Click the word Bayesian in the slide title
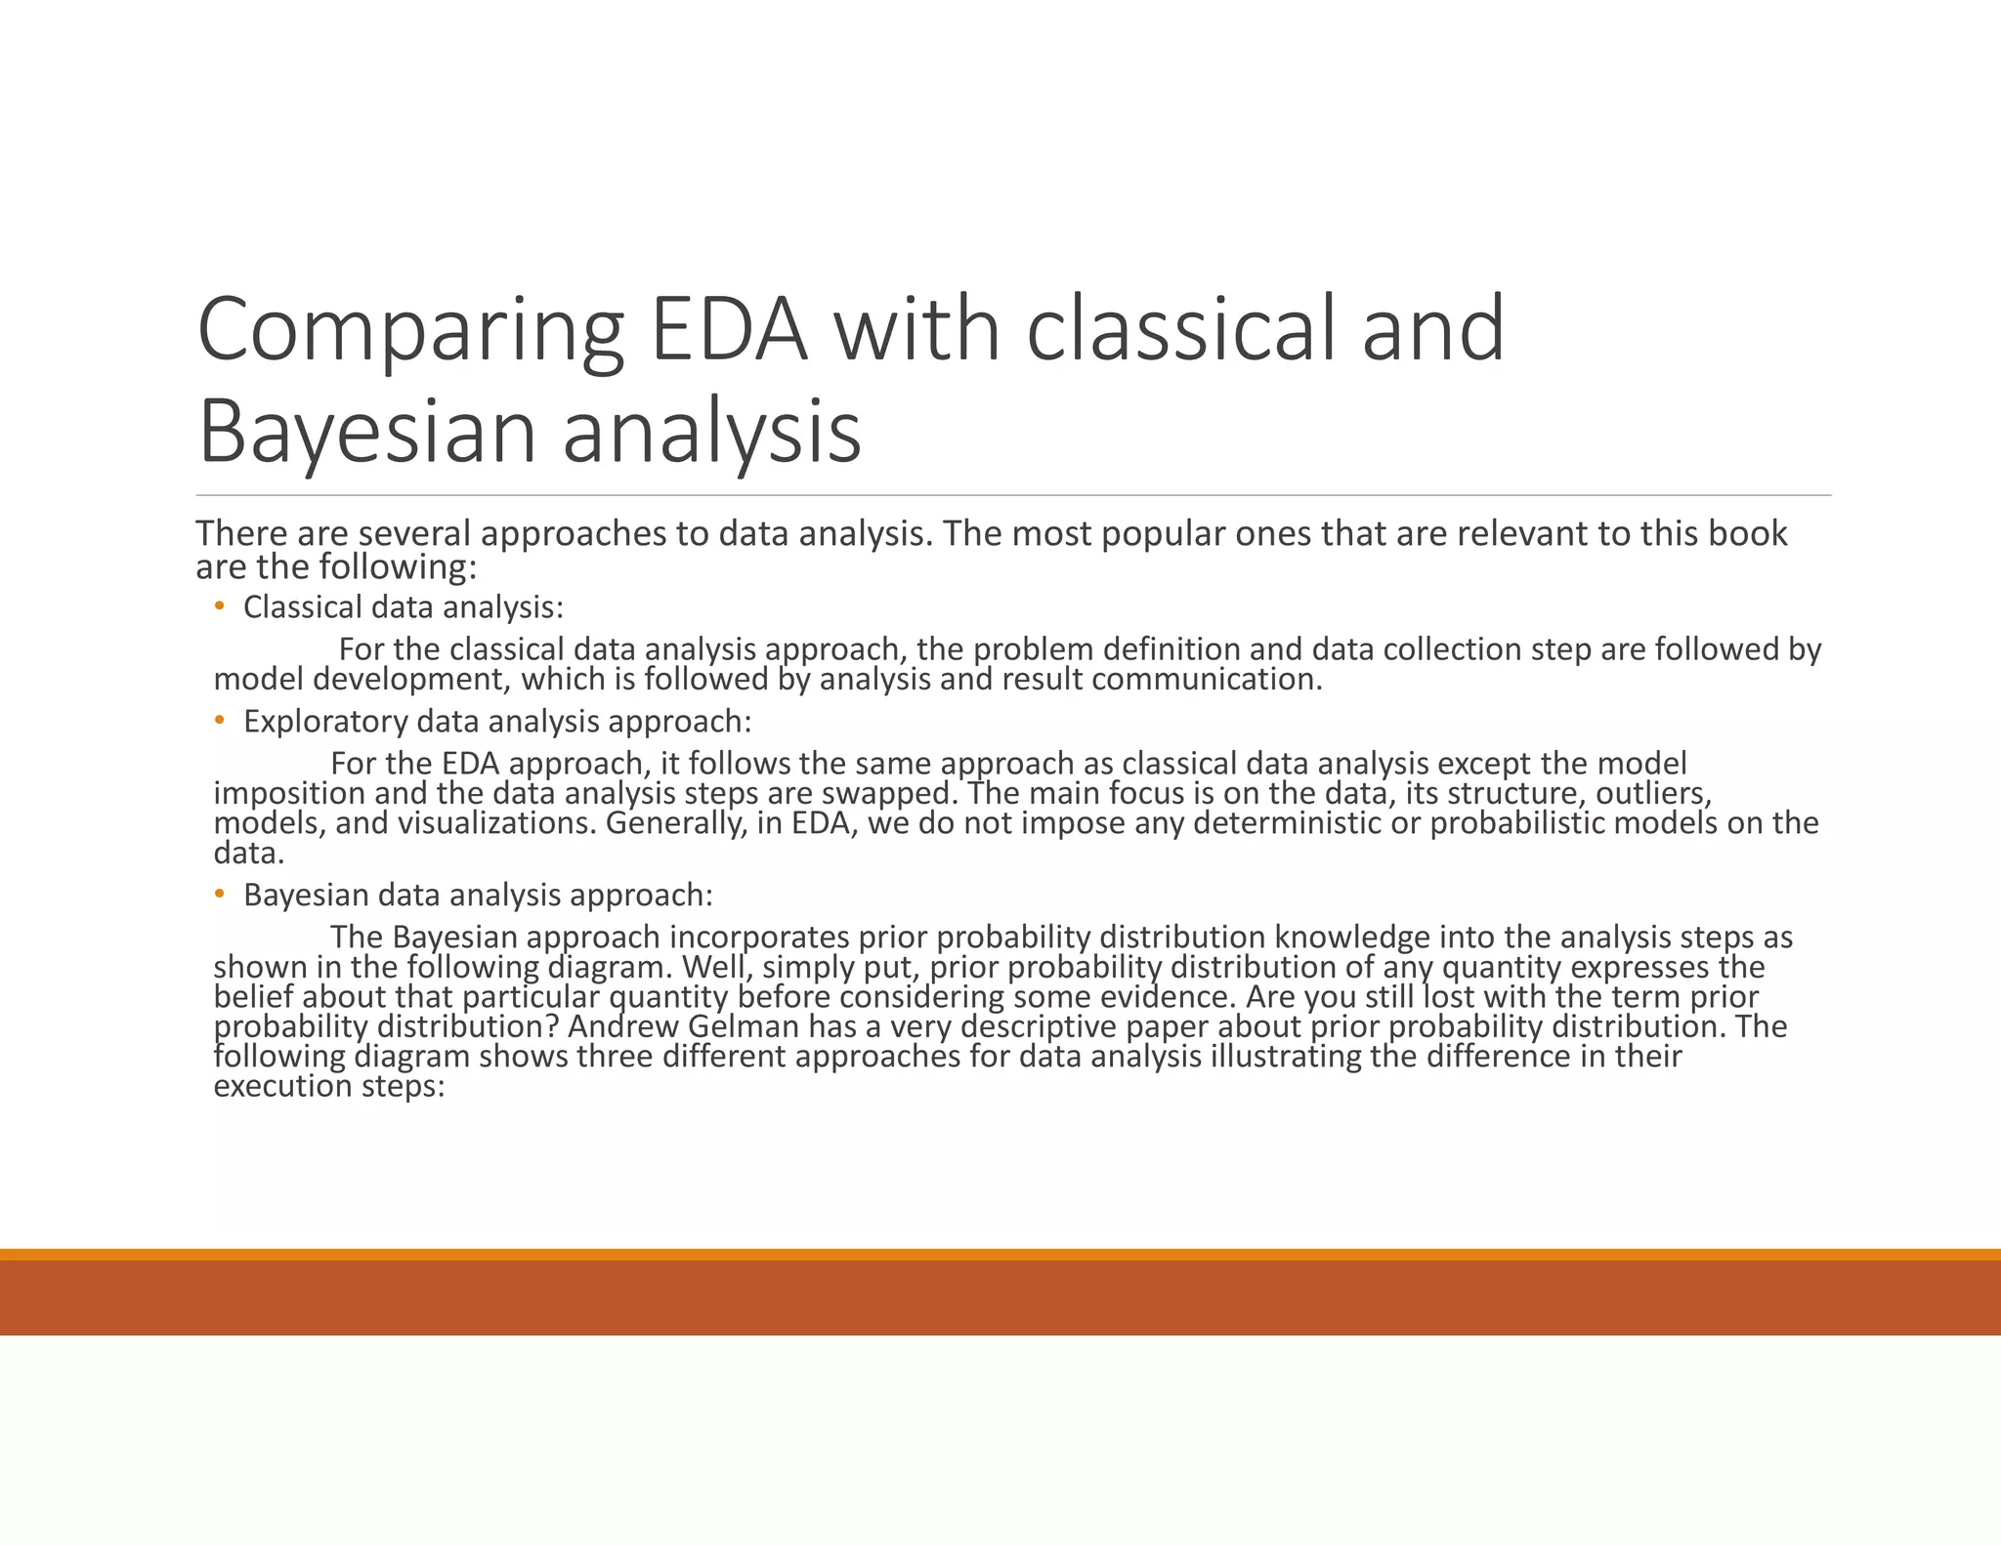[x=366, y=433]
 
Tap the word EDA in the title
[x=729, y=330]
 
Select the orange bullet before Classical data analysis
[x=220, y=607]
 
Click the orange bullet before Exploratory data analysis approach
[x=220, y=722]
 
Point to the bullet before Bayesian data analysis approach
[x=220, y=895]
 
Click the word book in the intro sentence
[x=1748, y=533]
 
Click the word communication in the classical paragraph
[x=1207, y=679]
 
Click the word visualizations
[x=495, y=823]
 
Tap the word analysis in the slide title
[x=711, y=433]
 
